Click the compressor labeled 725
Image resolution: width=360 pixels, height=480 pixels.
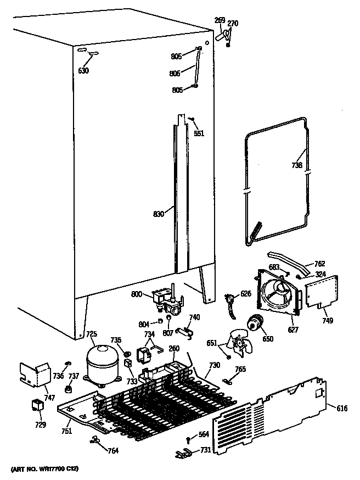103,364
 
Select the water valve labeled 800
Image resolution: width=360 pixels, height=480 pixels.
164,300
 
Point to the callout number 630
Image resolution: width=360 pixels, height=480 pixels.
83,70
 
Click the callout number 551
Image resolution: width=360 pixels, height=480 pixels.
199,133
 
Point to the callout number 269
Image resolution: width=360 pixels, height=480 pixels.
220,21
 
